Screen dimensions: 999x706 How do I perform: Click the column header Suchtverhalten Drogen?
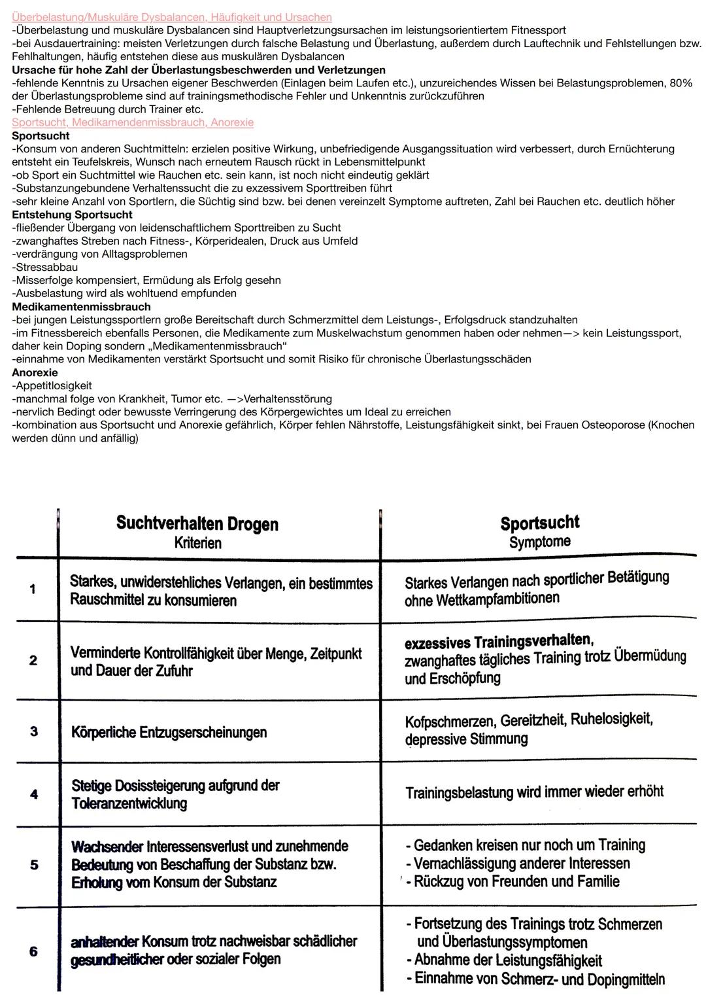pos(197,523)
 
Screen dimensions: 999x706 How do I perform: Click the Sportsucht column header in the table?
pos(540,522)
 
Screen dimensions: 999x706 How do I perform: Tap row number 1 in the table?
pos(33,589)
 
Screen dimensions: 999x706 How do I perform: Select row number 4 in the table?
pos(34,794)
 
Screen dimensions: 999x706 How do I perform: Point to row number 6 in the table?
pos(33,951)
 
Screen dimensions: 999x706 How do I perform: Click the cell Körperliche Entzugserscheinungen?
pos(169,732)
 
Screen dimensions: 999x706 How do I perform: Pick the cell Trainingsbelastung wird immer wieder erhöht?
pos(534,792)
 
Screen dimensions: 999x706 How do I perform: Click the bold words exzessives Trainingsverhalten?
pos(498,640)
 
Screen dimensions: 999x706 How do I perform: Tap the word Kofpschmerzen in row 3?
pos(450,722)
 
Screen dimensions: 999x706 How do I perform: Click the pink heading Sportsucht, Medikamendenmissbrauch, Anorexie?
pos(133,122)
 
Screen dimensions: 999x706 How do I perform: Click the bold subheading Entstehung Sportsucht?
pos(72,215)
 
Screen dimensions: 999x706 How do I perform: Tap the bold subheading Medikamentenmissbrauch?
pos(81,306)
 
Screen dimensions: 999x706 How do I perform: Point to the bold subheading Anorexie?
pos(35,372)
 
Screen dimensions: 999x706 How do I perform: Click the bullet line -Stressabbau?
pos(44,267)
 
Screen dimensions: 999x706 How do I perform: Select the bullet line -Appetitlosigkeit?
pos(52,385)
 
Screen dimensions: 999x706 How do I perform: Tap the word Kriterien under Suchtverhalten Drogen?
pos(197,543)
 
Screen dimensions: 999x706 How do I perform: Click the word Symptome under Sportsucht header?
pos(540,542)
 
